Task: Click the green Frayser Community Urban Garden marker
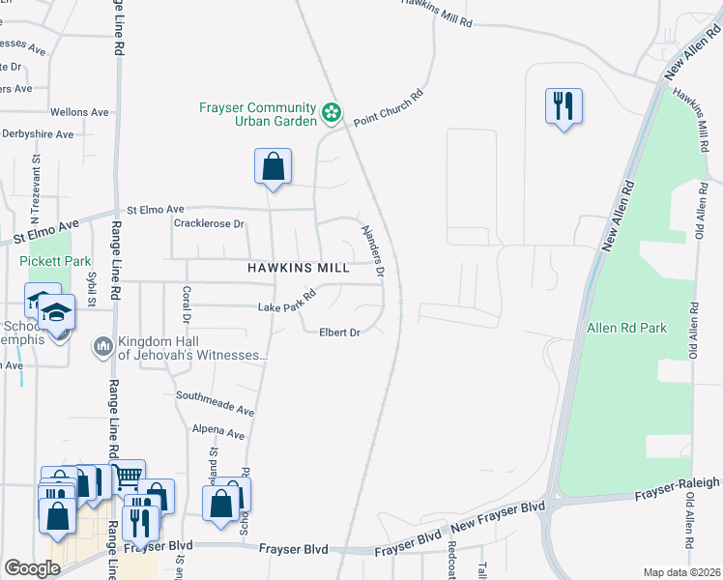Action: tap(332, 113)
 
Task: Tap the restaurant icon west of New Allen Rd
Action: tap(564, 105)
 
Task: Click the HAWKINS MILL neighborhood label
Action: tap(298, 268)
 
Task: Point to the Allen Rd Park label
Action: tap(626, 328)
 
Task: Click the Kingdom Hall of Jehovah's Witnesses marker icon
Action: tap(103, 345)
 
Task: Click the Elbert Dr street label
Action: tap(339, 333)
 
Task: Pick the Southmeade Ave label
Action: tap(215, 403)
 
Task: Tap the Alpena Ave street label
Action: tap(217, 433)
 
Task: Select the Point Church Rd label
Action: tap(389, 108)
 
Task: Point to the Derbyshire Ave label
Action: tap(37, 134)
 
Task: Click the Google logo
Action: tap(32, 568)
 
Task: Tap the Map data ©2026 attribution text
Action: tap(681, 572)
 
